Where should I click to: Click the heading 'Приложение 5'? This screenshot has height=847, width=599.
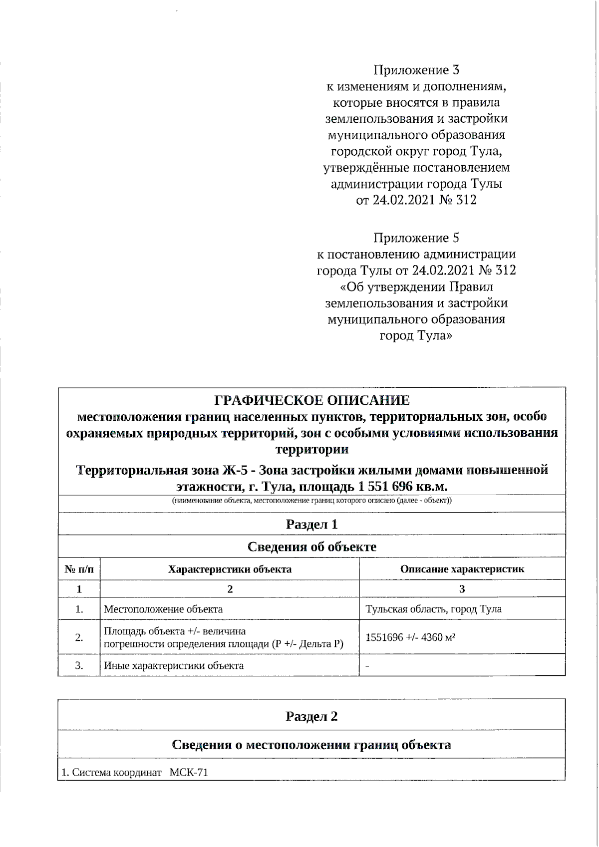click(416, 238)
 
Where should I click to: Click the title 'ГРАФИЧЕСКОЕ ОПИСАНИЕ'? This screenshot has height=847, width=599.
click(311, 401)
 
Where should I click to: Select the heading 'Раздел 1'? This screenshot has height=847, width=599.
click(311, 525)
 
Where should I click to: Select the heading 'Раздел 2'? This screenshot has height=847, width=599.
click(311, 717)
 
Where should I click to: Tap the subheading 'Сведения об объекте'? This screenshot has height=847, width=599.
click(311, 547)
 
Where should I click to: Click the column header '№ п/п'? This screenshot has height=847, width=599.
click(79, 569)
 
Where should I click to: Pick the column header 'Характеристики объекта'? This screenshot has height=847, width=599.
click(230, 569)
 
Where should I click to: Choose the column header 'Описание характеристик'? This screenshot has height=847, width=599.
click(462, 569)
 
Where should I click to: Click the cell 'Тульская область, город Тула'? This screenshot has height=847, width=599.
click(433, 609)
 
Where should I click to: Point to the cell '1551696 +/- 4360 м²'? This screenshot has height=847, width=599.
click(410, 637)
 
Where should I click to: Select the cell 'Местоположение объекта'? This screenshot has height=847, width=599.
click(163, 609)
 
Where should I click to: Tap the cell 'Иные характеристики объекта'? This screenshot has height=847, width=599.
click(174, 666)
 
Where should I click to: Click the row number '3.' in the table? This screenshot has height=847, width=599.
click(79, 666)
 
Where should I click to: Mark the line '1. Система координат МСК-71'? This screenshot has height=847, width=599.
click(134, 773)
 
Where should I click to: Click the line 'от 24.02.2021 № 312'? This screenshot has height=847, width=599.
click(416, 201)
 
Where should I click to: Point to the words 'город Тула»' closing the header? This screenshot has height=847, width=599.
click(416, 336)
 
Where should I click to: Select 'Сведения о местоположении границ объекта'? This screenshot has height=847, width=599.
click(311, 745)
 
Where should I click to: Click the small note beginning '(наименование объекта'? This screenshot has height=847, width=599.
click(311, 501)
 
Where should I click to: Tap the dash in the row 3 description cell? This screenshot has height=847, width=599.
click(367, 666)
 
